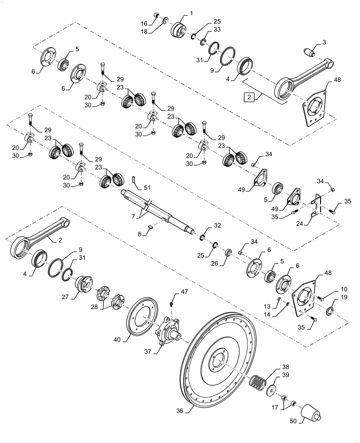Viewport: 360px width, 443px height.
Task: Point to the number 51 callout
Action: tap(147, 188)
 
